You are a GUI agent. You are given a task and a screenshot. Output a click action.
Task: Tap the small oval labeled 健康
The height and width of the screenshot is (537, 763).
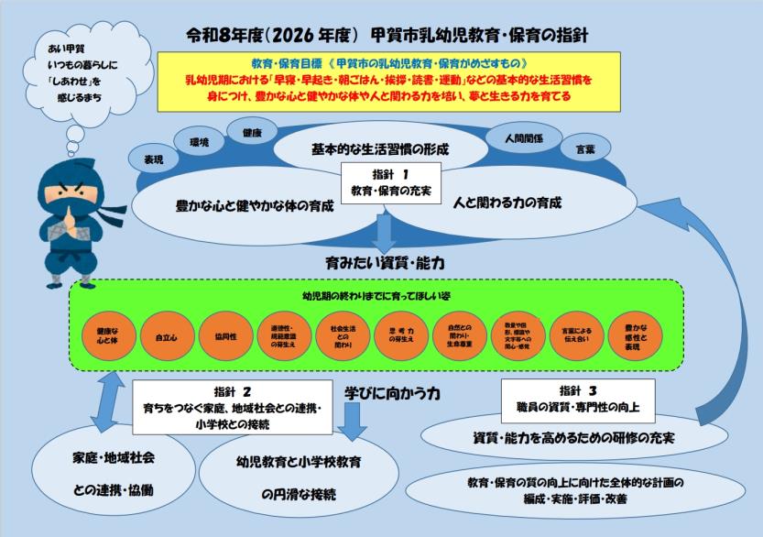(x=253, y=133)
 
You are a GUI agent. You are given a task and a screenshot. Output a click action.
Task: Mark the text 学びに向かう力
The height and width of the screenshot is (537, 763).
(x=394, y=392)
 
